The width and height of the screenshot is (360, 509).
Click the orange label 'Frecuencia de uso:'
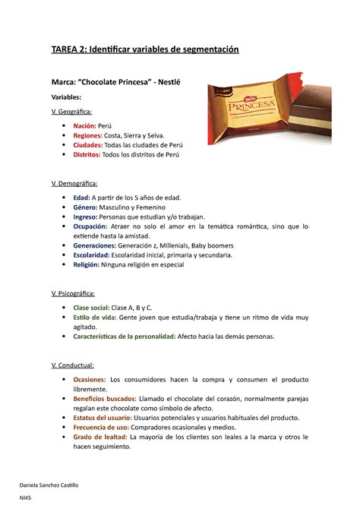point(106,427)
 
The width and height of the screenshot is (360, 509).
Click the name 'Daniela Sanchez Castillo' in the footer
point(54,485)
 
